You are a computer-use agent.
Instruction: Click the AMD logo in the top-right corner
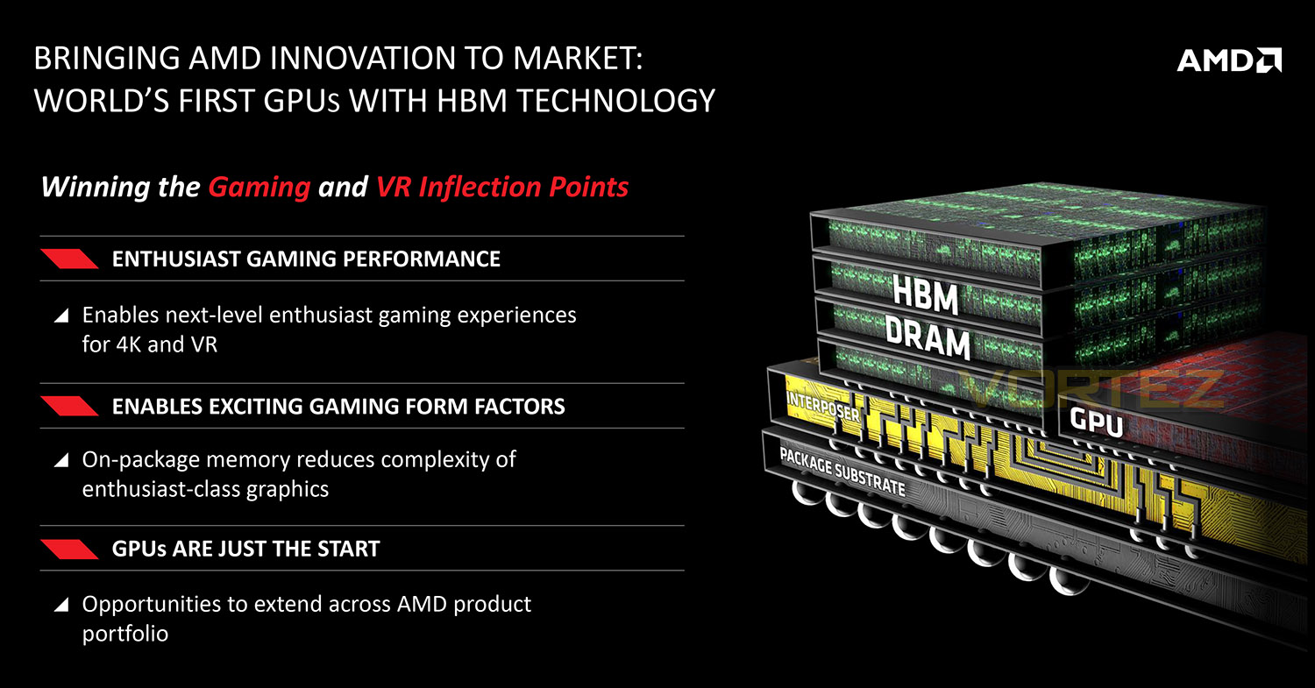1229,60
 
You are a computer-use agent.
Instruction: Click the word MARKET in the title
577,58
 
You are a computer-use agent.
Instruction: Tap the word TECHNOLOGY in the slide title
615,101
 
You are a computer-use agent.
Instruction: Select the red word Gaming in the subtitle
259,188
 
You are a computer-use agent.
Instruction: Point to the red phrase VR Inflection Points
502,188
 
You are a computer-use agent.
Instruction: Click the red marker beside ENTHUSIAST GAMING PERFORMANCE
69,259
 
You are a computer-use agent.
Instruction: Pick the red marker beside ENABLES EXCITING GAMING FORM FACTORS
69,406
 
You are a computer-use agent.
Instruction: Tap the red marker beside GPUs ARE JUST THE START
69,549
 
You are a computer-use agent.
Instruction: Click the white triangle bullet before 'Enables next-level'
61,316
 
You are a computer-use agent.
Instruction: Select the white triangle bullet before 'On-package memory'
61,460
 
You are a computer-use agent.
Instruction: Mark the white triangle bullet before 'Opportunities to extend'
61,605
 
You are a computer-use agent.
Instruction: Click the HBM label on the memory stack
925,294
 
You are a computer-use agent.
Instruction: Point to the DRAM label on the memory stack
928,337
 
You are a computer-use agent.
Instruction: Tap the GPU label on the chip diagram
1096,421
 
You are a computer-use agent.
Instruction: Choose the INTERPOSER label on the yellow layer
822,406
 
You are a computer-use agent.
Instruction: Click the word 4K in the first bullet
129,344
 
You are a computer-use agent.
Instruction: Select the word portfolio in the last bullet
125,635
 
